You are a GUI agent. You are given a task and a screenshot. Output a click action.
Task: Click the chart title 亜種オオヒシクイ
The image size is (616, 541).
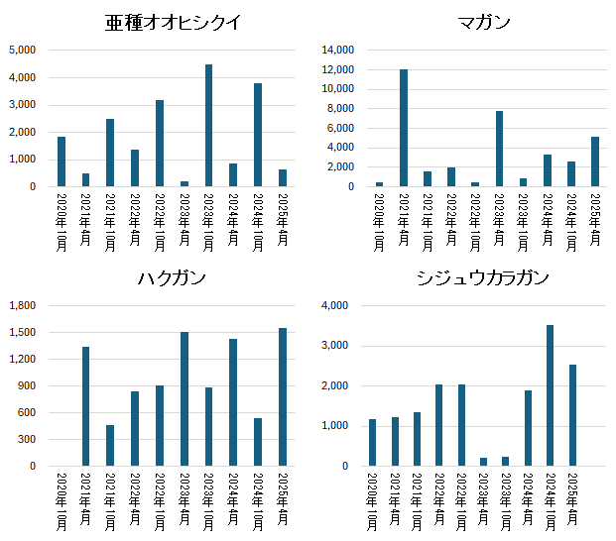(x=173, y=23)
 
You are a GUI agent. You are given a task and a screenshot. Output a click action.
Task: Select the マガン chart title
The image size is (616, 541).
(x=484, y=23)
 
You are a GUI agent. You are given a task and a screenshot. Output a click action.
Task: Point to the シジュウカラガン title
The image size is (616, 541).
(x=484, y=278)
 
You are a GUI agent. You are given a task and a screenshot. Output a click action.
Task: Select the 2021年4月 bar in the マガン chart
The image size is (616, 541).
(x=404, y=128)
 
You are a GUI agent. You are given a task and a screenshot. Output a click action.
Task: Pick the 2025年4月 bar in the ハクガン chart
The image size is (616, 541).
(x=282, y=397)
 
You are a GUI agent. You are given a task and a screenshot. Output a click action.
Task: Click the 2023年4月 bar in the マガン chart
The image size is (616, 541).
(x=499, y=149)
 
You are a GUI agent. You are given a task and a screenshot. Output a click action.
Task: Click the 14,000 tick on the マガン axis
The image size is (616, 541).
(x=338, y=50)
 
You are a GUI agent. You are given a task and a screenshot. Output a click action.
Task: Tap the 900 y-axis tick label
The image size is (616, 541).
(x=28, y=386)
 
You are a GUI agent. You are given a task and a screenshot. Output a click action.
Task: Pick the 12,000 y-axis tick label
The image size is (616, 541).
(x=338, y=69)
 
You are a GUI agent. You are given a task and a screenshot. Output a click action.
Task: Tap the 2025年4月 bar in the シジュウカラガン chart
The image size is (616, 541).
(x=573, y=415)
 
